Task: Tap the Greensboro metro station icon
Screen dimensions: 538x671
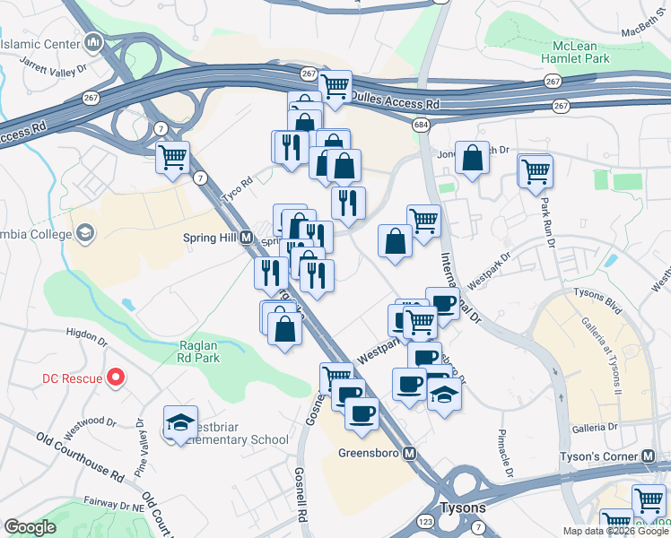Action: (409, 453)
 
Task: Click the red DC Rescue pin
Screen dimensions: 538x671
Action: (115, 377)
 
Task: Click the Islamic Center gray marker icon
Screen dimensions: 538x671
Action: (95, 41)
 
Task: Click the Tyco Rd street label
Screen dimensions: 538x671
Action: (238, 182)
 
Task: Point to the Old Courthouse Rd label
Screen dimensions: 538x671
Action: (80, 455)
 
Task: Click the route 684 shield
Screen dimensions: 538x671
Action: (421, 125)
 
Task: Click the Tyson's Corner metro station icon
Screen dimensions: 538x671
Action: (649, 456)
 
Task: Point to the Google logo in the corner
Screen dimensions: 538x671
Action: (30, 527)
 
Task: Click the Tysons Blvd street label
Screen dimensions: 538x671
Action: (600, 303)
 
